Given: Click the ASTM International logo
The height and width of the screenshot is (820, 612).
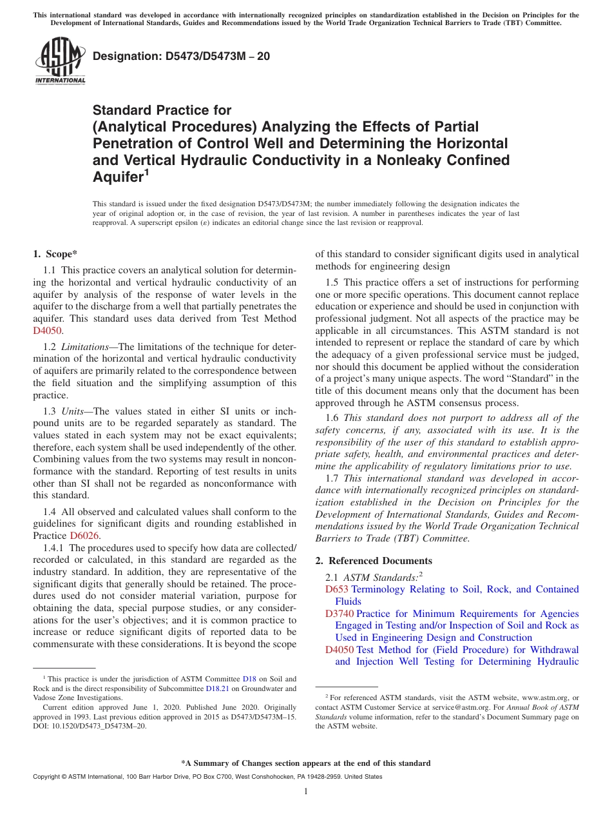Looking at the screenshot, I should [60, 63].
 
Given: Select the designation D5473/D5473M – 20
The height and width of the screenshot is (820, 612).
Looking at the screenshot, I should [181, 57].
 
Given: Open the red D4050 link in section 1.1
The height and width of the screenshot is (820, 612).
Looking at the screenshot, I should [48, 330].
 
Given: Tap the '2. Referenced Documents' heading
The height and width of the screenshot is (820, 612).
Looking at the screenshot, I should [374, 560].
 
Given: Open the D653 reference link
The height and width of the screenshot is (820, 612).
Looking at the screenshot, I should [337, 589].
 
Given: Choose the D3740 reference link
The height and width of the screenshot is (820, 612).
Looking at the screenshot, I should [339, 614].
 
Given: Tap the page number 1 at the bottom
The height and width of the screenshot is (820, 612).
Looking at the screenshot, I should [305, 792].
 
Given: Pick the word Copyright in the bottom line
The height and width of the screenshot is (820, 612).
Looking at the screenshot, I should [47, 777].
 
